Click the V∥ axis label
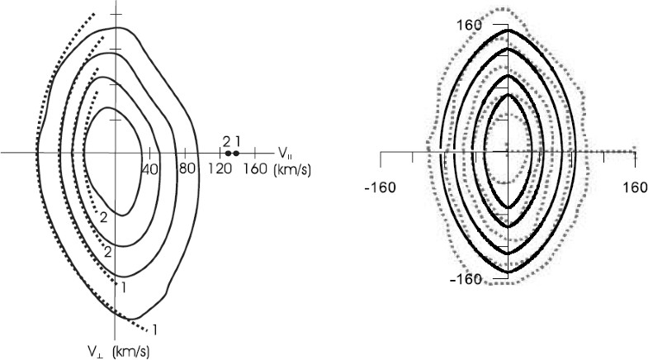tap(284, 152)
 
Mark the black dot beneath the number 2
tap(228, 153)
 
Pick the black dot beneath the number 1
tap(236, 153)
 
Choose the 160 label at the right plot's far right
tap(635, 186)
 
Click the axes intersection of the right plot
tap(508, 152)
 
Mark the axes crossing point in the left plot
tap(117, 153)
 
